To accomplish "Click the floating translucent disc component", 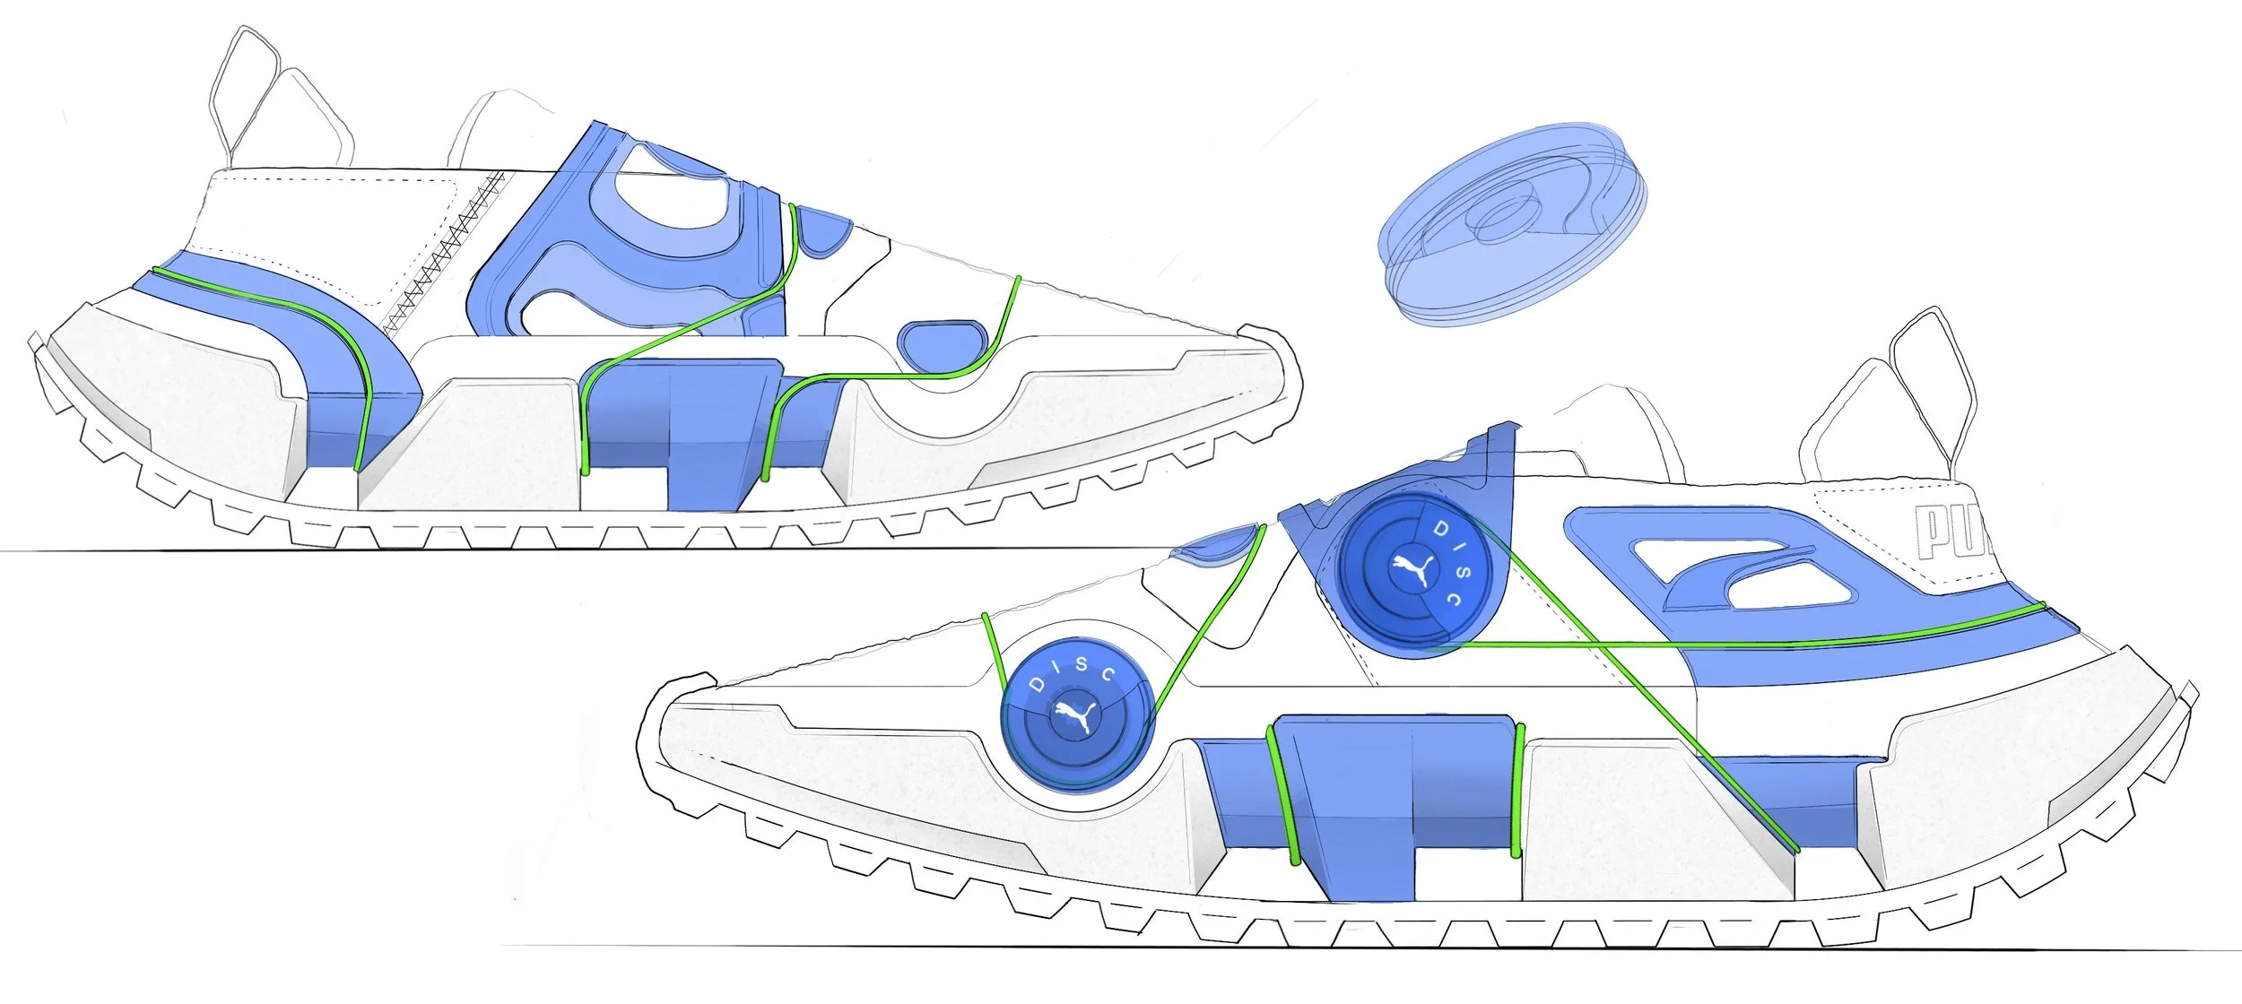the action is (x=1511, y=220).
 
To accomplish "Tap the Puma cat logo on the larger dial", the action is (x=1414, y=570).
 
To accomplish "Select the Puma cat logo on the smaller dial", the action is (x=1075, y=715).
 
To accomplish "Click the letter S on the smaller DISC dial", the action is (x=1081, y=664).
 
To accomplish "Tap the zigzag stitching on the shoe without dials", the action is (x=444, y=255).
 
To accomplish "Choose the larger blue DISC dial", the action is (x=1414, y=575).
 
